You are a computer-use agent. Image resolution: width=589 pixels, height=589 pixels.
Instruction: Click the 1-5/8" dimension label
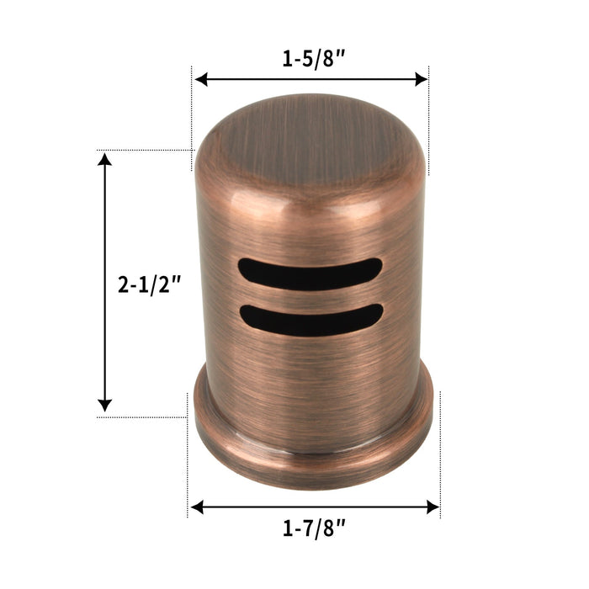312,60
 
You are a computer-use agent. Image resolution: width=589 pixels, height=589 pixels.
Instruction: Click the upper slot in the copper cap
310,273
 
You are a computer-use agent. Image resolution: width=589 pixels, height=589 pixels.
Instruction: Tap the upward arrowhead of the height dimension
104,161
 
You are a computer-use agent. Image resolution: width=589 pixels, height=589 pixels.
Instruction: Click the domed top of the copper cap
310,139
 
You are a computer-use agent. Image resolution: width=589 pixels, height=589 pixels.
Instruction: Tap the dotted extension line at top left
194,109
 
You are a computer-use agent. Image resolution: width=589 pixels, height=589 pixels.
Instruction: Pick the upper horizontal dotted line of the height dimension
143,151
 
